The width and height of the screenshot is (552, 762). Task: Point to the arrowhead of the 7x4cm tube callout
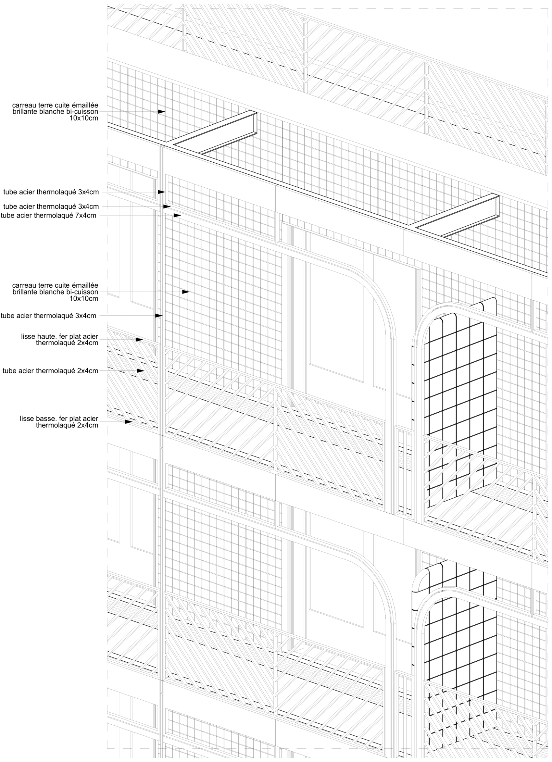pyautogui.click(x=177, y=215)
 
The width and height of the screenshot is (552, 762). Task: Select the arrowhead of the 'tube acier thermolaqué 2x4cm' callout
pyautogui.click(x=140, y=371)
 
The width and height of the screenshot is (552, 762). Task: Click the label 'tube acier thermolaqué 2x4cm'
pyautogui.click(x=50, y=371)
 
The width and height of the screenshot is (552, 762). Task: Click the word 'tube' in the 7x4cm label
pyautogui.click(x=7, y=216)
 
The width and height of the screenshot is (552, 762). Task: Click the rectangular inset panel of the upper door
pyautogui.click(x=336, y=322)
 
